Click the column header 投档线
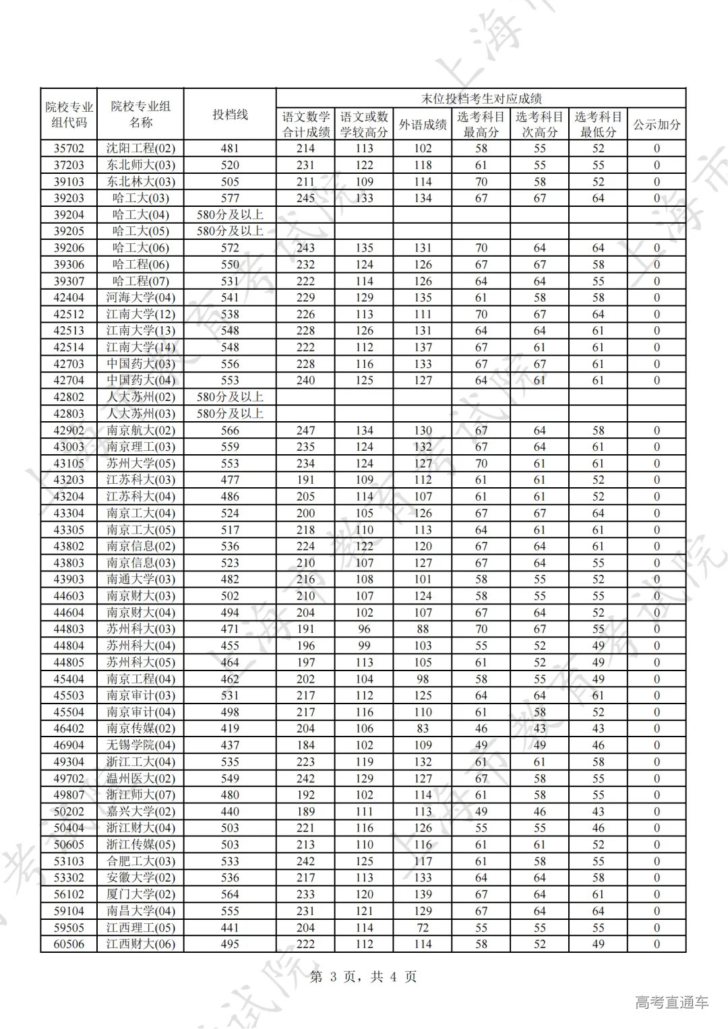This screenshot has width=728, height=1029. pyautogui.click(x=230, y=115)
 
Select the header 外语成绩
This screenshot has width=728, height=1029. pyautogui.click(x=423, y=125)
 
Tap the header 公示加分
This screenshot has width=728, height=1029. pyautogui.click(x=657, y=125)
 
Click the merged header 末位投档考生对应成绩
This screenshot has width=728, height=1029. pyautogui.click(x=481, y=98)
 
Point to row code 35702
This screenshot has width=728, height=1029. pyautogui.click(x=69, y=148)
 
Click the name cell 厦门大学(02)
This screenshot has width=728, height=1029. pyautogui.click(x=140, y=894)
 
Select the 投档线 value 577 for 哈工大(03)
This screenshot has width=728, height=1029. pyautogui.click(x=230, y=198)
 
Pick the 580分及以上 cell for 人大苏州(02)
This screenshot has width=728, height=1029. pyautogui.click(x=230, y=397)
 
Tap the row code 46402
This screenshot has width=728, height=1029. pyautogui.click(x=69, y=728)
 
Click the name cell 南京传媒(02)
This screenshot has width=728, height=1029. pyautogui.click(x=140, y=728)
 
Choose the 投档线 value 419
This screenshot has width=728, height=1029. pyautogui.click(x=230, y=728)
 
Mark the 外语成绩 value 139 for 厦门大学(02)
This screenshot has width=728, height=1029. pyautogui.click(x=423, y=894)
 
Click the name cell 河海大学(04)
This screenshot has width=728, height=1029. pyautogui.click(x=140, y=297)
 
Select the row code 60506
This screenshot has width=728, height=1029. pyautogui.click(x=69, y=944)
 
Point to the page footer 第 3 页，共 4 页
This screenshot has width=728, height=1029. pyautogui.click(x=363, y=976)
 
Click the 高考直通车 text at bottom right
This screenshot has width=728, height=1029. pyautogui.click(x=671, y=1002)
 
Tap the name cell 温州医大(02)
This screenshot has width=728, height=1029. pyautogui.click(x=140, y=778)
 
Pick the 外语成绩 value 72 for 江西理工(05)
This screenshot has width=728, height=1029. pyautogui.click(x=423, y=927)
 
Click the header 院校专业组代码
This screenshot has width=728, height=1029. pyautogui.click(x=69, y=115)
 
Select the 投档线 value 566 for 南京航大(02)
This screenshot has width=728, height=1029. pyautogui.click(x=230, y=430)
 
